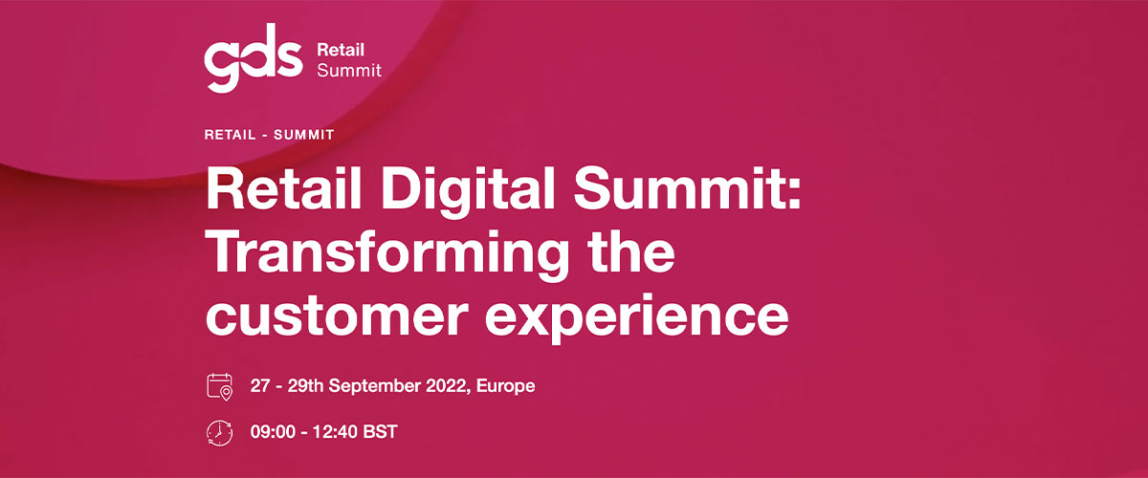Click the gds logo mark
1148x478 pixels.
coord(254,57)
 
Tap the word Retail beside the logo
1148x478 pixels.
coord(341,50)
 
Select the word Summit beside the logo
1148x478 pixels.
coord(349,70)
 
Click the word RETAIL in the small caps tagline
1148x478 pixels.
coord(231,135)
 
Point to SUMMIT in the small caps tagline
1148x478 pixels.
coord(304,135)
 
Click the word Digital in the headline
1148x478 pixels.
coord(468,190)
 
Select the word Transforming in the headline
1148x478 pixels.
coord(389,254)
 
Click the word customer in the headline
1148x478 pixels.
coord(337,315)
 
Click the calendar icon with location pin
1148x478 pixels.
coord(219,387)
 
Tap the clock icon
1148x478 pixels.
coord(219,433)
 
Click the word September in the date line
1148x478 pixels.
coord(375,386)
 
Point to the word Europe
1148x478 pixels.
coord(505,386)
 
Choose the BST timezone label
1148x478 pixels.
coord(381,432)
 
